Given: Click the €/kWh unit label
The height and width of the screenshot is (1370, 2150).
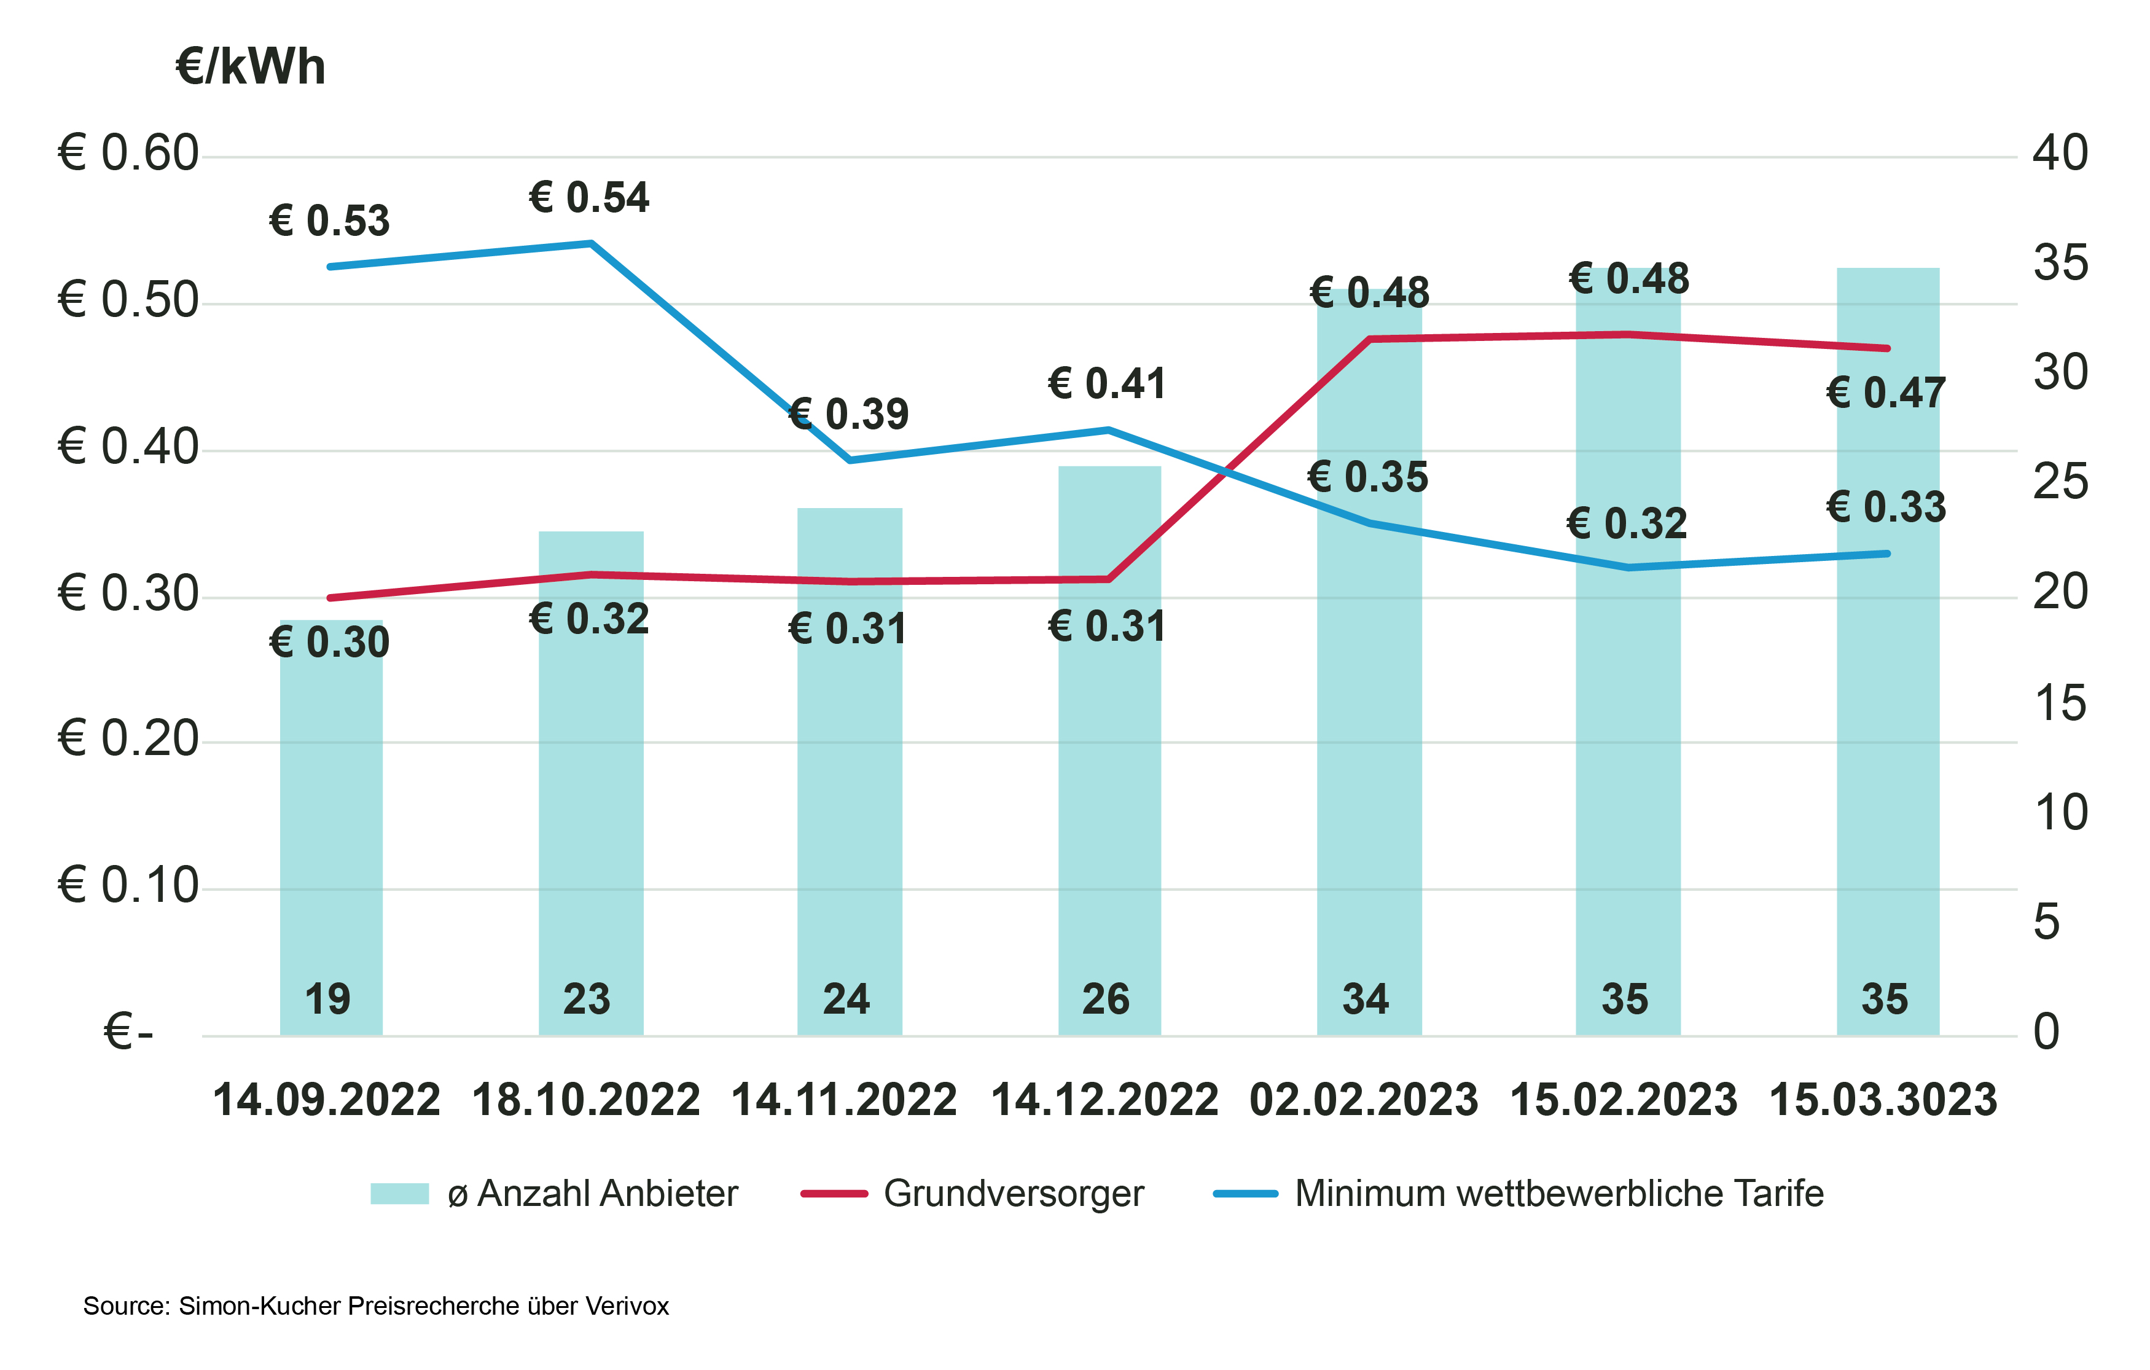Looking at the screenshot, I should [x=251, y=68].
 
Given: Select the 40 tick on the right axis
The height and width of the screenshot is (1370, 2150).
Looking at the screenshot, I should [x=2059, y=153].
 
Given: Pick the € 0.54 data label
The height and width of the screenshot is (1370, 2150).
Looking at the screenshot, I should [x=588, y=197].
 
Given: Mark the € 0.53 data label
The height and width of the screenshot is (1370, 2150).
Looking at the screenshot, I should [x=329, y=221].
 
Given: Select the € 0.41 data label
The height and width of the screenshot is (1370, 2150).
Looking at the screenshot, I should [x=1107, y=384].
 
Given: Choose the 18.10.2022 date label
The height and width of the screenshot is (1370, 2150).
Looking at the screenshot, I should [x=585, y=1100].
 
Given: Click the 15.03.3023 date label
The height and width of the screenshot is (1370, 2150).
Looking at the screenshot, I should [x=1882, y=1100].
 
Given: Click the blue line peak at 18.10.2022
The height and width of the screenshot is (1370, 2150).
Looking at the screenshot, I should [x=591, y=243].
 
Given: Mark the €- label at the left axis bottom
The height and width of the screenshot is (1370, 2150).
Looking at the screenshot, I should [x=128, y=1033].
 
